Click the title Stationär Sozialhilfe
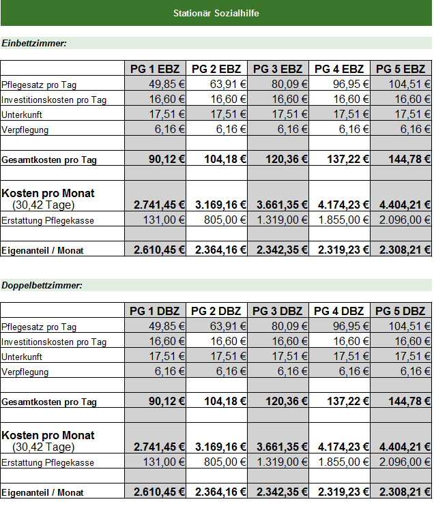(216, 13)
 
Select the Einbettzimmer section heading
(34, 43)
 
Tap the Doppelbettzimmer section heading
(42, 286)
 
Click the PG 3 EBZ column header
(278, 69)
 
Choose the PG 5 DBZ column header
(401, 311)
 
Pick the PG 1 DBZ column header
(155, 311)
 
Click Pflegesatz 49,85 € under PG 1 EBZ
(167, 84)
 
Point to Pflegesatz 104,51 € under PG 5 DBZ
(409, 326)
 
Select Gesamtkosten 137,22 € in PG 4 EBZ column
(348, 159)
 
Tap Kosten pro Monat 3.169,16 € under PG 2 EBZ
(221, 205)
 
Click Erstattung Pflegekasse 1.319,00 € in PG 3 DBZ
(282, 462)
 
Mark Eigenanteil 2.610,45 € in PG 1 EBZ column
(159, 250)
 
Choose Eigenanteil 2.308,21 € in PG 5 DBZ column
(405, 492)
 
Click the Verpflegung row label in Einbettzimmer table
(25, 130)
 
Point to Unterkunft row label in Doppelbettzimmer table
(22, 357)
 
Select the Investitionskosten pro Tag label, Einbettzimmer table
(54, 100)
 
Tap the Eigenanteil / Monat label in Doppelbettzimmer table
(42, 492)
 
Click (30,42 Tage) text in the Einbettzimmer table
(43, 205)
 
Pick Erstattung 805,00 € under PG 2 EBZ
(225, 220)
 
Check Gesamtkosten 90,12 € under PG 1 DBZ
(167, 402)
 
